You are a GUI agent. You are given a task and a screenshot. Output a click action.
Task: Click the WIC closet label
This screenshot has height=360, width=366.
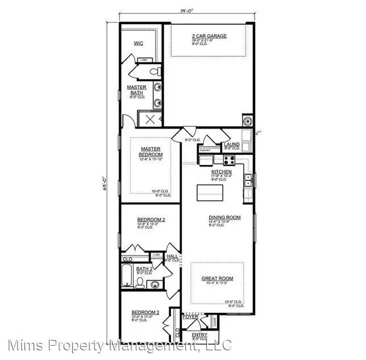tap(138, 43)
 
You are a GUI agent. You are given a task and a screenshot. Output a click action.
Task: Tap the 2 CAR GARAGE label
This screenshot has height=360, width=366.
tap(209, 36)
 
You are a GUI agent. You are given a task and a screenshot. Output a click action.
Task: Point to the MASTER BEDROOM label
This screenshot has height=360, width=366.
tap(152, 152)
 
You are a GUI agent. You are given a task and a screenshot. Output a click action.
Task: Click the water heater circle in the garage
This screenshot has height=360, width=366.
tap(248, 120)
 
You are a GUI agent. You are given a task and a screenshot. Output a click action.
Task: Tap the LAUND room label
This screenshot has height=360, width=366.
tap(232, 144)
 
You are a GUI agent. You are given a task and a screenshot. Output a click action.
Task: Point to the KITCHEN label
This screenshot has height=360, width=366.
tap(221, 171)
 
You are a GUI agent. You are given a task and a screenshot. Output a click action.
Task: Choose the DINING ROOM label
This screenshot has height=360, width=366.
tap(224, 217)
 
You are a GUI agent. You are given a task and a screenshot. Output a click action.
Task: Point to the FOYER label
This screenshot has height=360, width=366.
tap(198, 316)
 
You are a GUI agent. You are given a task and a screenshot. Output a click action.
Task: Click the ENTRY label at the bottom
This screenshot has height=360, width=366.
tap(199, 335)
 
